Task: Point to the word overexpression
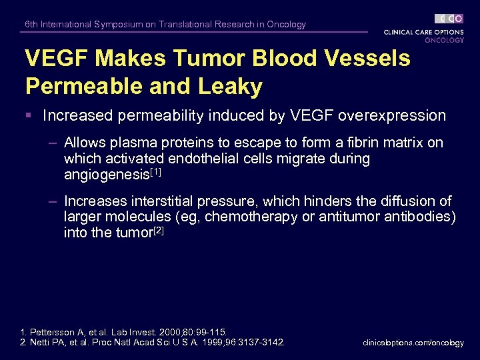392,115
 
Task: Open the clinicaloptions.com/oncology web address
413,343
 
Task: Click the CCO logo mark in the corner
449,19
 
